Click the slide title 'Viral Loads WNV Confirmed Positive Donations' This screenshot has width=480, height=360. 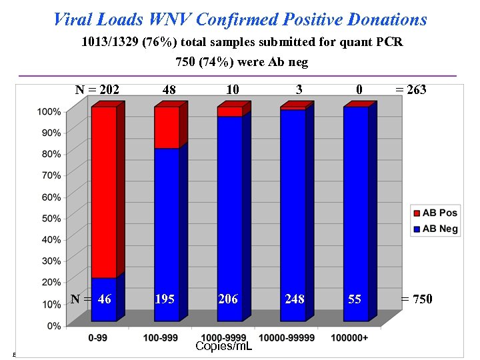tap(240, 19)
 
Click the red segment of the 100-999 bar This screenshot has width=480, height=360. tap(166, 127)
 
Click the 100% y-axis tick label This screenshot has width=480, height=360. tap(49, 111)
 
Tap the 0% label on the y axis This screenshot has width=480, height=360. tap(54, 325)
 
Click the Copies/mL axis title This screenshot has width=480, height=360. tap(223, 347)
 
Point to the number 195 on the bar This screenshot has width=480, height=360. tap(165, 299)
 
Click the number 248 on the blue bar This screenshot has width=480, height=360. tap(294, 299)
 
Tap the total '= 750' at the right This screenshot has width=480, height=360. tap(416, 299)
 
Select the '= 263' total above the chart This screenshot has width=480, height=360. tap(411, 90)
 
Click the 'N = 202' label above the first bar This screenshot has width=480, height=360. tap(96, 90)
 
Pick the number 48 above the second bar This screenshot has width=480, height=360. tap(169, 90)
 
